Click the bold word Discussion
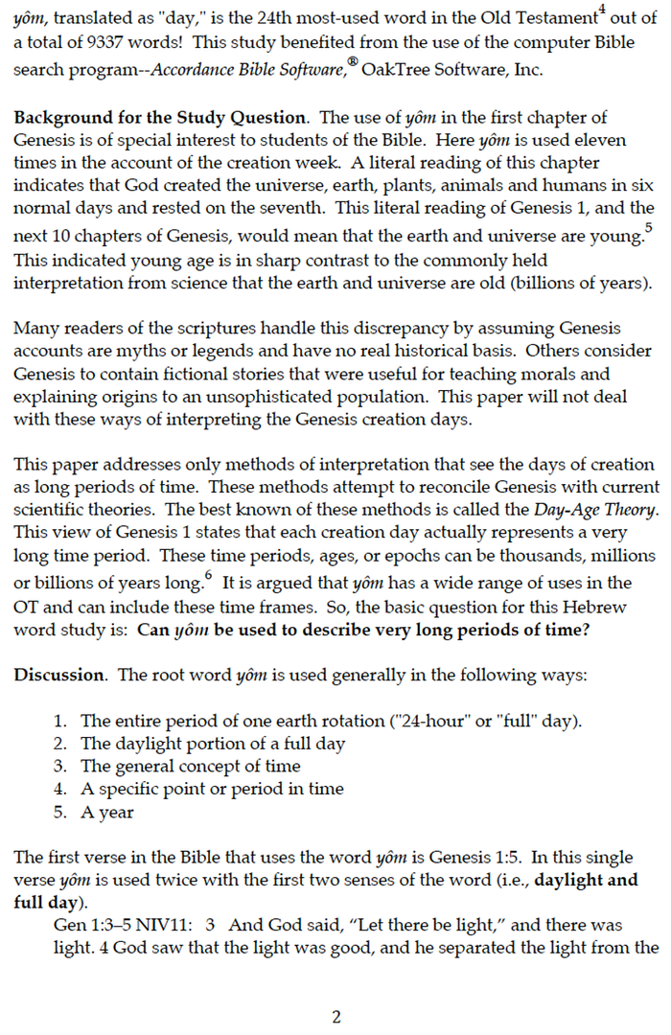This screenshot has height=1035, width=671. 58,675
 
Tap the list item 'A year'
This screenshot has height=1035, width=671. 107,812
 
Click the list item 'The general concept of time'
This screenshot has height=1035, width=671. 190,766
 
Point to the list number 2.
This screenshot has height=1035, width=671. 61,743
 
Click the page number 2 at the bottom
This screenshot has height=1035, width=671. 335,1017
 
